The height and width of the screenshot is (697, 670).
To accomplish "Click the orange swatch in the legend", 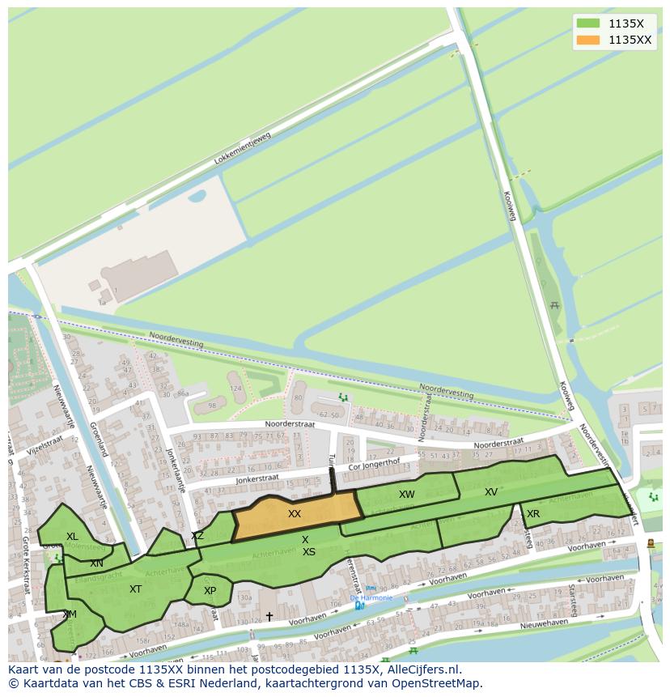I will coord(588,40).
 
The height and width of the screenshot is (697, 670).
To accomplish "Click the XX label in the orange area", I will coord(295,514).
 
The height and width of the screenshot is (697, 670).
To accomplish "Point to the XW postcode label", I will coord(406,495).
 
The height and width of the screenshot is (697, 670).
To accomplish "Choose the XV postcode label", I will coord(491,492).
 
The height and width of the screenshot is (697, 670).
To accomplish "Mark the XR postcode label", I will coord(533,514).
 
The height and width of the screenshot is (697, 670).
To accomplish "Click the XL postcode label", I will coord(73,537).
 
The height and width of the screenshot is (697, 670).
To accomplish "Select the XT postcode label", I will coord(135,589).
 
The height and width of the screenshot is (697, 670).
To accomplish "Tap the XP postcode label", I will coord(210,591).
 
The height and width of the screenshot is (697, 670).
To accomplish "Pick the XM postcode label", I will coord(70,614).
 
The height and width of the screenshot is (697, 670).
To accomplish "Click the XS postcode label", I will coord(309,552).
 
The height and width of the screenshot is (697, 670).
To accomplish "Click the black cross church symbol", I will coord(269,617).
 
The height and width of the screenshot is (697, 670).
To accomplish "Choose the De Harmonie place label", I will coord(371,598).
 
